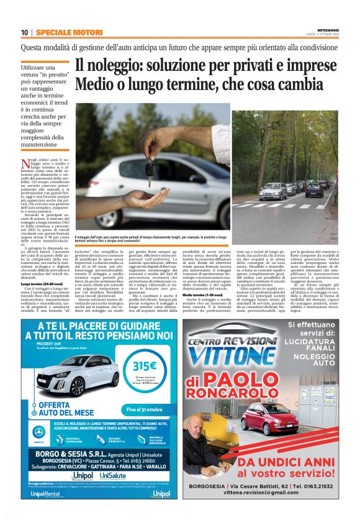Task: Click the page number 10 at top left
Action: [24, 32]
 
